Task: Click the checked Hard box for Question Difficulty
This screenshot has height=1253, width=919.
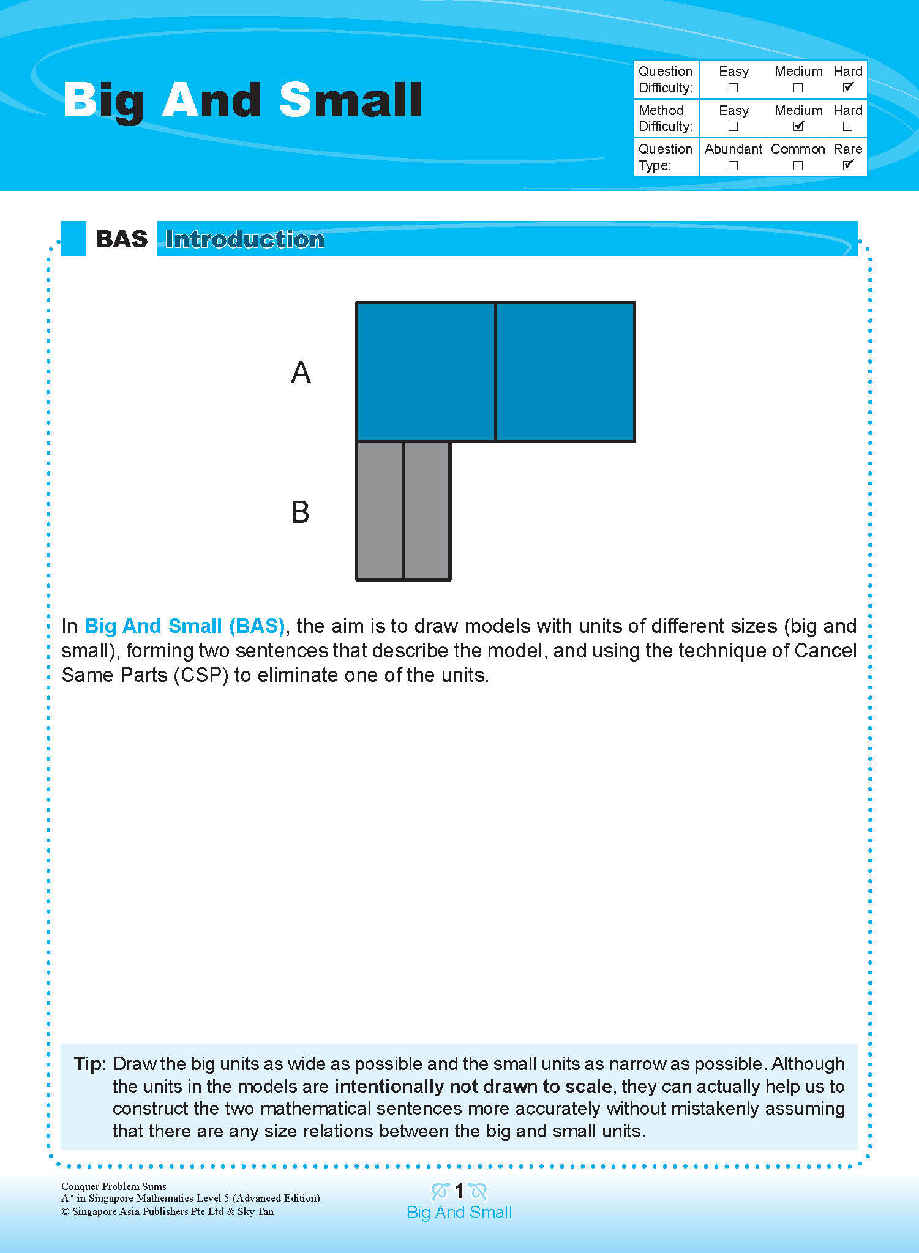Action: click(x=847, y=88)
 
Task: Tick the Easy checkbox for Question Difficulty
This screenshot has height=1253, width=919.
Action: click(x=733, y=88)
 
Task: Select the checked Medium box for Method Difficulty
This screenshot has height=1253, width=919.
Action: click(x=798, y=127)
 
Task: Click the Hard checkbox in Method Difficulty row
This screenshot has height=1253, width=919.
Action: click(x=847, y=127)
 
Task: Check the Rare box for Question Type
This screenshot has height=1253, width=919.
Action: click(x=847, y=165)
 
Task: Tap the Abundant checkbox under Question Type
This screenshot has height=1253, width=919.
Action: click(x=733, y=166)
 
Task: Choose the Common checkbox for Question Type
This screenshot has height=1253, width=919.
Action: click(x=798, y=166)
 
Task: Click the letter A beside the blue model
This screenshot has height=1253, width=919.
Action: click(x=301, y=373)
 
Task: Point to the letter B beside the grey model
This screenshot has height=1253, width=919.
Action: click(x=300, y=512)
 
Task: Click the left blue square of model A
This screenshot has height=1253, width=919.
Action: click(x=426, y=372)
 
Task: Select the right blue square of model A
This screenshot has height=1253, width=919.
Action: click(x=565, y=372)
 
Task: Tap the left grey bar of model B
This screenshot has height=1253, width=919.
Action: click(x=380, y=511)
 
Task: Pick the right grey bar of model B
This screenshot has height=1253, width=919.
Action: click(x=427, y=511)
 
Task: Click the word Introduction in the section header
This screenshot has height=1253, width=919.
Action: click(x=245, y=239)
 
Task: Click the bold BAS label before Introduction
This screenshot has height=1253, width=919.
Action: click(x=122, y=239)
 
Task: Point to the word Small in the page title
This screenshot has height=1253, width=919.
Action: click(x=350, y=100)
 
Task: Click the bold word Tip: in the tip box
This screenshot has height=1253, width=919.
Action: click(x=91, y=1064)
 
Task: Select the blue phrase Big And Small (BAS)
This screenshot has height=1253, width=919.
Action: click(x=184, y=626)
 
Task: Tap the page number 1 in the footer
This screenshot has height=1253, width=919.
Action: click(x=459, y=1191)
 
